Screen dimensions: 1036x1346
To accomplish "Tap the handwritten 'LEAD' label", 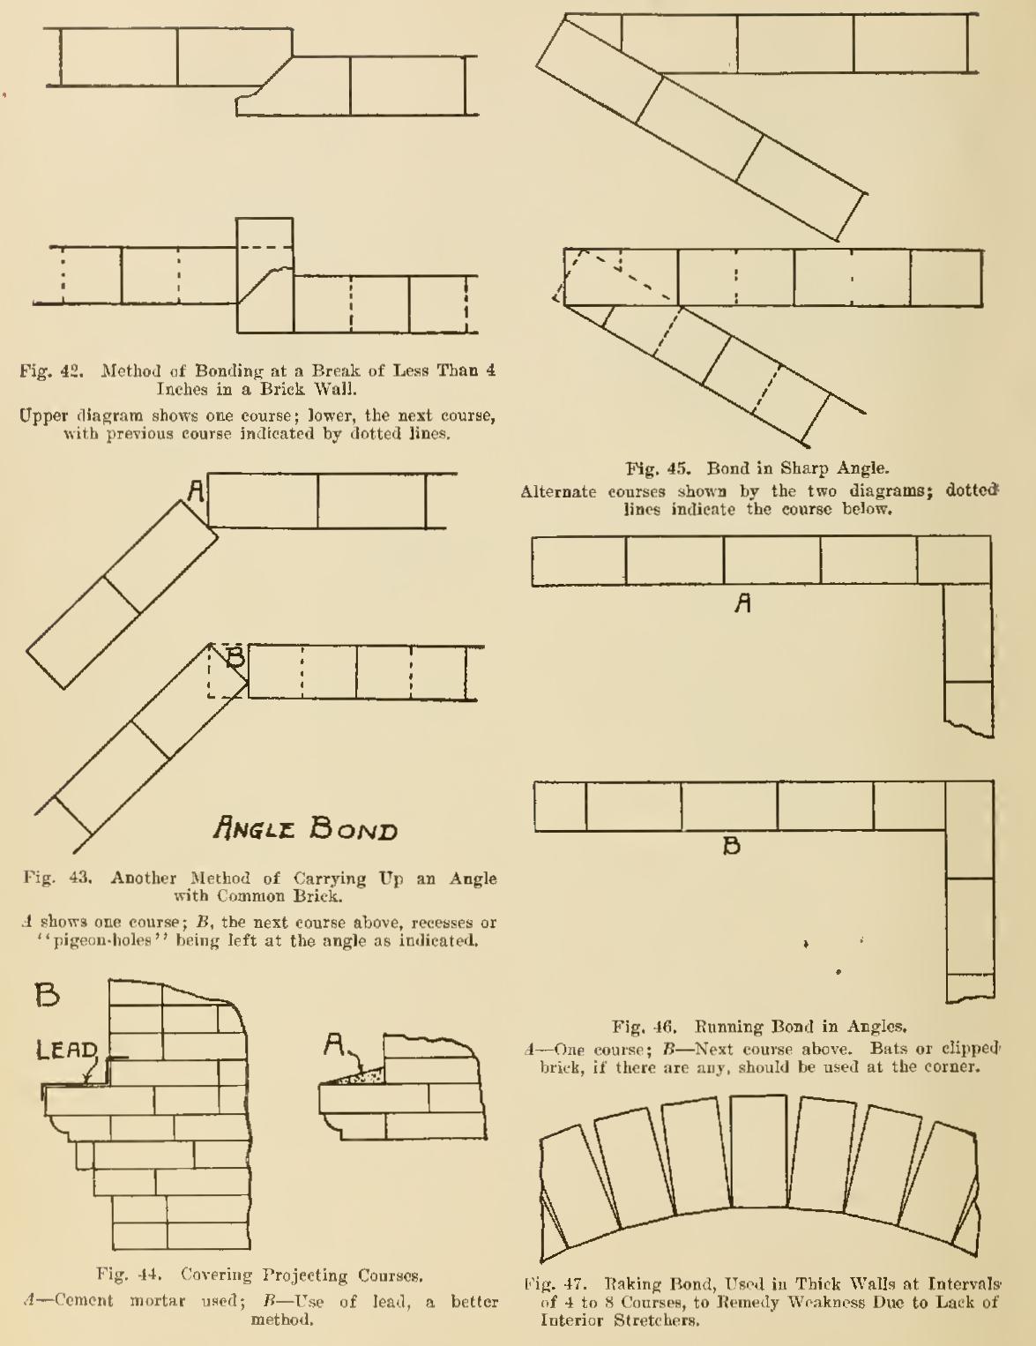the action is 67,1050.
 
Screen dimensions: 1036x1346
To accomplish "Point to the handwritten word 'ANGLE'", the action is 255,826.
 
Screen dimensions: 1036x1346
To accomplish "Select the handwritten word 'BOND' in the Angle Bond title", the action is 354,827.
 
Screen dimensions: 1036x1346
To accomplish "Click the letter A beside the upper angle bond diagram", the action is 197,491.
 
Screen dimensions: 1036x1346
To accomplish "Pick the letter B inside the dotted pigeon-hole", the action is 235,656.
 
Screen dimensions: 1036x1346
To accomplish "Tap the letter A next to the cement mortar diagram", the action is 333,1046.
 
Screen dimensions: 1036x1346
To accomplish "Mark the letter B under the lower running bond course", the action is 732,846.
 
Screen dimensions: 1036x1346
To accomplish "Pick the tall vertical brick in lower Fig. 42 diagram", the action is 265,275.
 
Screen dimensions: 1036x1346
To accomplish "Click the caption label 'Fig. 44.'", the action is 130,1275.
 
